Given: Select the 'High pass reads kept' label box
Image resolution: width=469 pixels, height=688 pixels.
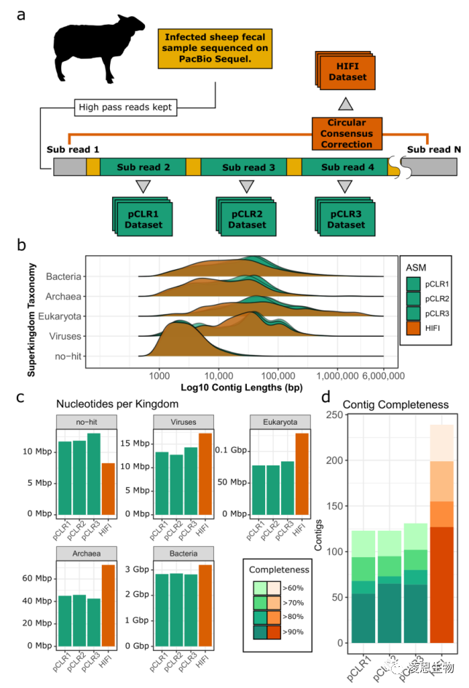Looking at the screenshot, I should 125,108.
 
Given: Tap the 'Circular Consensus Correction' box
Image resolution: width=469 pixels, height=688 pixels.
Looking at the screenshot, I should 347,133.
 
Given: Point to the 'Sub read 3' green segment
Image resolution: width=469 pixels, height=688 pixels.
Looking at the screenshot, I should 243,167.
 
